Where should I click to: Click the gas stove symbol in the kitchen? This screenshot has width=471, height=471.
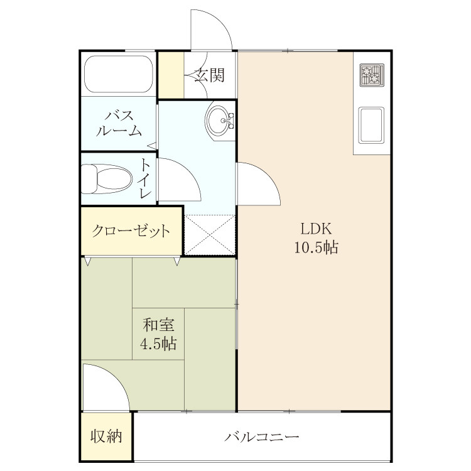tap(372, 75)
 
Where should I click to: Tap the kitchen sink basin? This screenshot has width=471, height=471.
tap(372, 125)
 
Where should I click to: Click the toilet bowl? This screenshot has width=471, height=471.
tap(107, 179)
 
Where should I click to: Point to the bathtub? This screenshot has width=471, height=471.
tap(118, 74)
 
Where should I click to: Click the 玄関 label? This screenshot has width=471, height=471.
tap(209, 75)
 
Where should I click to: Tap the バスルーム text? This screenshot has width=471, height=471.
tap(119, 124)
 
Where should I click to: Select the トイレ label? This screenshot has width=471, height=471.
tap(146, 179)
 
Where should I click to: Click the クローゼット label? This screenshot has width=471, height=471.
tap(131, 231)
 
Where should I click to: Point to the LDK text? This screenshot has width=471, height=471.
tap(317, 229)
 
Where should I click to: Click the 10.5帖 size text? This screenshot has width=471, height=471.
tap(316, 248)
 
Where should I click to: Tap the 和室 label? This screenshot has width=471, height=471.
tap(158, 325)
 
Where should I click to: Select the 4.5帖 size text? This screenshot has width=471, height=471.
tap(158, 344)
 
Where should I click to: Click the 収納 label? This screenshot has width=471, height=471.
tap(106, 436)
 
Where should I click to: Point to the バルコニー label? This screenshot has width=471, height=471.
tap(262, 436)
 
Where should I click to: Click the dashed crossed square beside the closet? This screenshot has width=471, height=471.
tap(210, 235)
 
